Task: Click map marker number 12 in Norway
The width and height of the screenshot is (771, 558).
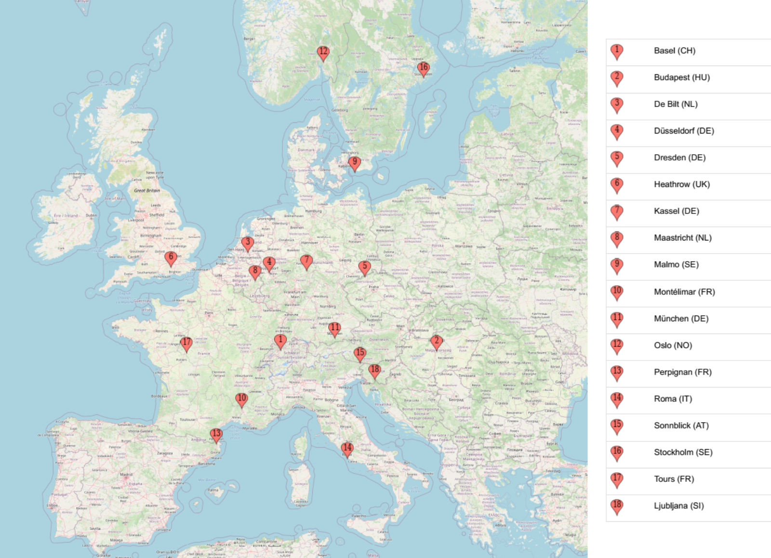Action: [x=323, y=52]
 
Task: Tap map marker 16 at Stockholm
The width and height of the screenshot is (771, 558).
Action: [x=423, y=68]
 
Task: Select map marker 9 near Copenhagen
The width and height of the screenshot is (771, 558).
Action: [x=355, y=162]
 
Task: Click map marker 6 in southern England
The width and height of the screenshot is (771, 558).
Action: [x=171, y=257]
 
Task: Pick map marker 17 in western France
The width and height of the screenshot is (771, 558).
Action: [x=186, y=343]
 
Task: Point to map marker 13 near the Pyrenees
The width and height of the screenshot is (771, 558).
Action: [x=216, y=434]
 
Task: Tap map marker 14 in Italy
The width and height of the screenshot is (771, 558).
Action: [x=347, y=448]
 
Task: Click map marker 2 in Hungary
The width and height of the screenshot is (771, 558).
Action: [x=437, y=342]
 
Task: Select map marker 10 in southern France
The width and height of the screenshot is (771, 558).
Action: [x=241, y=399]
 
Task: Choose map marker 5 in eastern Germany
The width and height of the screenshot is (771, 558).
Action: [x=365, y=266]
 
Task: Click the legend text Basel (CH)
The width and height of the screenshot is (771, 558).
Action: [x=674, y=51]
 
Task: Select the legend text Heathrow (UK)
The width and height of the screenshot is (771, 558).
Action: [x=681, y=184]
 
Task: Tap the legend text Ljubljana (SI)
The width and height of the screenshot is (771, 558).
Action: [x=678, y=505]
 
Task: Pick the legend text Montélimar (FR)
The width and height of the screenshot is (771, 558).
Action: [x=684, y=292]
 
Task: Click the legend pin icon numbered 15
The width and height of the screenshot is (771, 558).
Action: [x=617, y=425]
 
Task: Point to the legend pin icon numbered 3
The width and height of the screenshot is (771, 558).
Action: [x=617, y=104]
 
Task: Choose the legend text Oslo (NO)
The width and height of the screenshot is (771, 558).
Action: [x=673, y=345]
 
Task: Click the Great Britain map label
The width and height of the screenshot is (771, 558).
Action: [x=147, y=190]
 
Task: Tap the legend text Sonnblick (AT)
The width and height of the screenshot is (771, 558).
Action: [x=681, y=425]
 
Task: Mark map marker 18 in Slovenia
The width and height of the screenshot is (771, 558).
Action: [x=375, y=370]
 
